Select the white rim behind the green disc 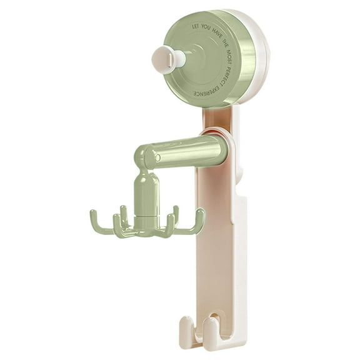point(262,62)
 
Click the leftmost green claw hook point(96,219)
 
